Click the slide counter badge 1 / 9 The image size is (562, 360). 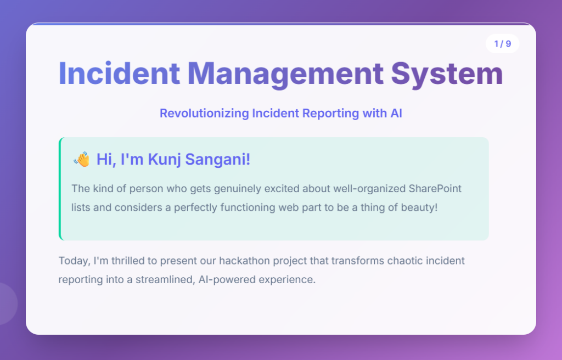click(503, 44)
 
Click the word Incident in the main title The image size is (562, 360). click(119, 74)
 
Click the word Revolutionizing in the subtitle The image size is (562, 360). click(204, 113)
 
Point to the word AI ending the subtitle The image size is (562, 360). click(396, 113)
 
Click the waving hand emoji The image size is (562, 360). click(82, 159)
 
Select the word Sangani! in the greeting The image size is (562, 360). click(217, 160)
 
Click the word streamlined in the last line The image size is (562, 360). click(165, 280)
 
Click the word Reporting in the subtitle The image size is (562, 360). click(330, 114)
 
